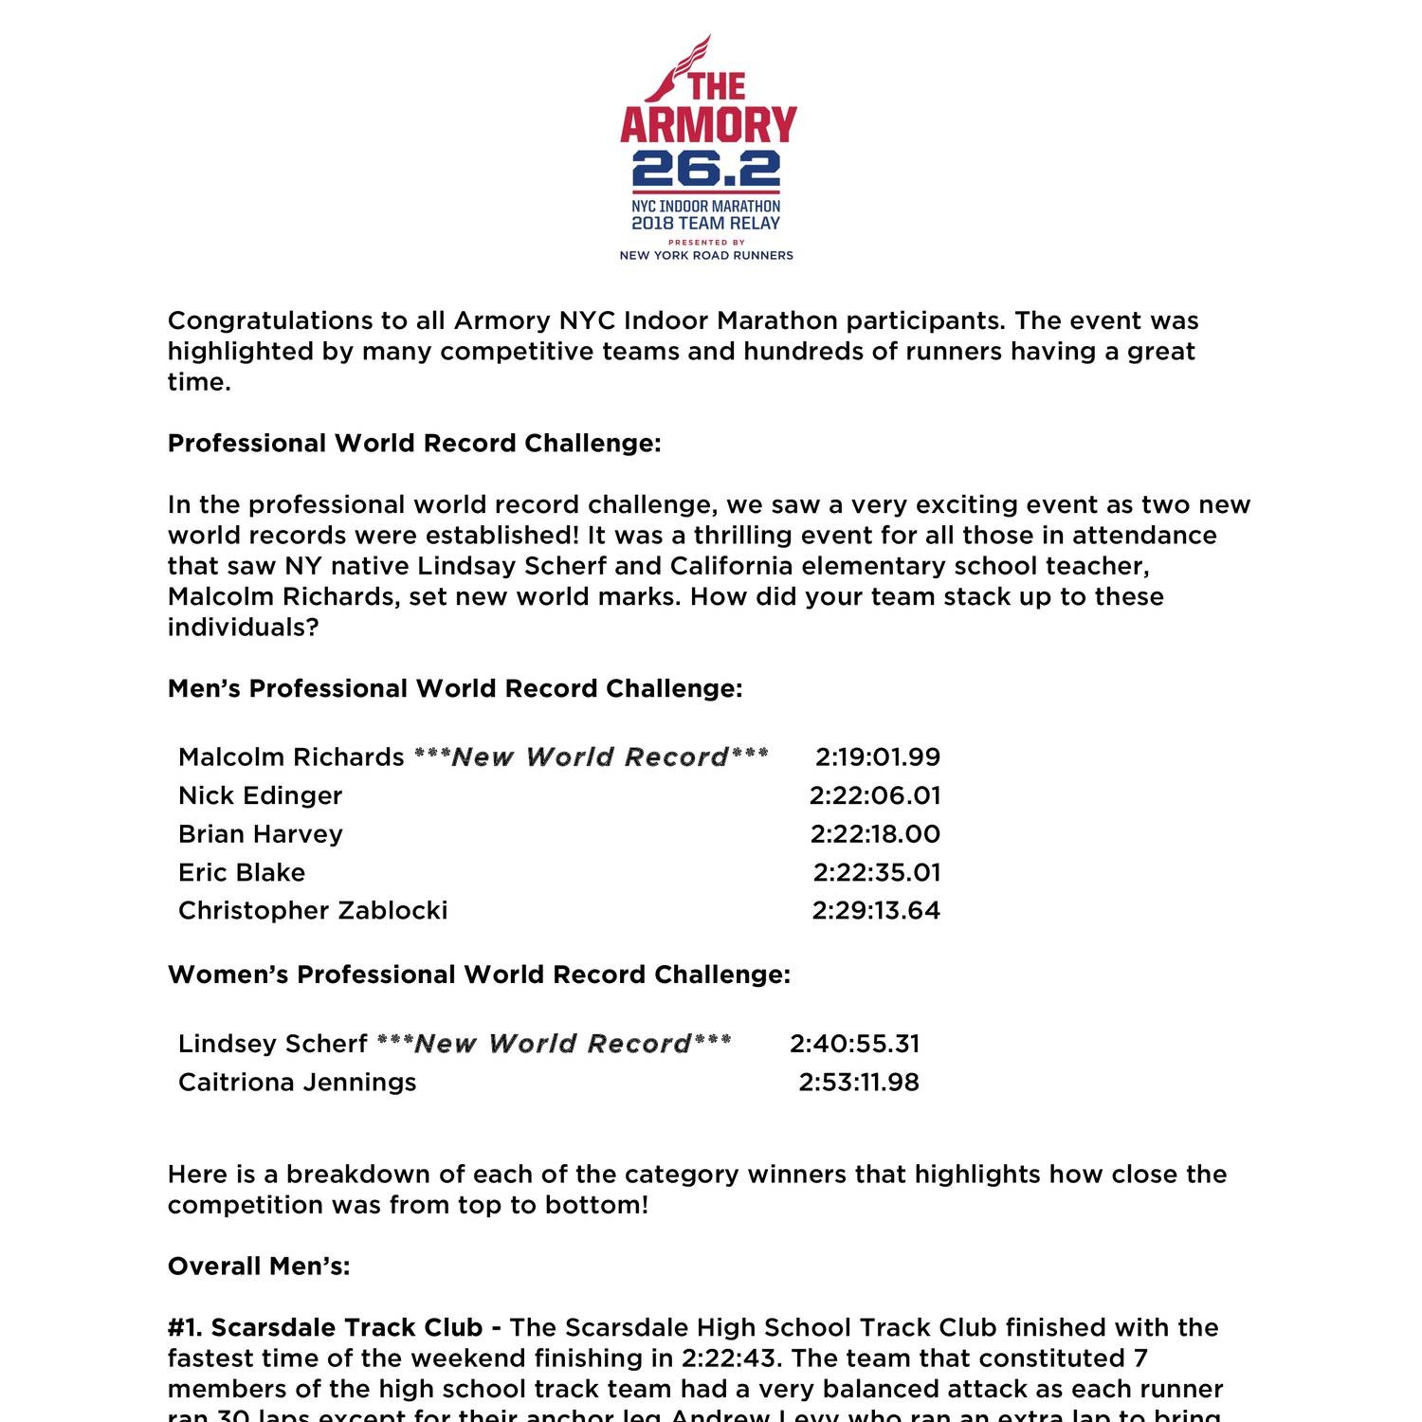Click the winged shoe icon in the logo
coord(675,68)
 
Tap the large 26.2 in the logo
coord(706,170)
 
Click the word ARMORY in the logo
coord(708,125)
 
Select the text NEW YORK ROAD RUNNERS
coord(706,255)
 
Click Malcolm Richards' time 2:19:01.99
coord(878,757)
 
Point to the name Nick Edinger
coord(260,795)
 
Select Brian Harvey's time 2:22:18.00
coord(875,834)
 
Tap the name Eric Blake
coord(242,872)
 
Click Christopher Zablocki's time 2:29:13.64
coord(876,910)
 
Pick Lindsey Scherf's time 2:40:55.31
coord(855,1044)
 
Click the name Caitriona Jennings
coord(297,1083)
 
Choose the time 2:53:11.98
coord(859,1083)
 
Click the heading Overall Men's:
coord(259,1267)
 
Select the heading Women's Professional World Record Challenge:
coord(479,975)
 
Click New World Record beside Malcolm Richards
coord(591,757)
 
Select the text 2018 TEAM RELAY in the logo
coord(706,224)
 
